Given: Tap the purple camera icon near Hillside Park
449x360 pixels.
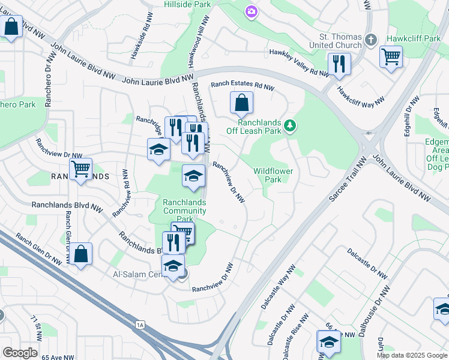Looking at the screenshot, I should tap(251, 11).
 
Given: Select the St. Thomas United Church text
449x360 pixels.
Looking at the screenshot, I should tap(336, 40).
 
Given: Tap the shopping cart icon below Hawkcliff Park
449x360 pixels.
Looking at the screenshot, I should tap(391, 57).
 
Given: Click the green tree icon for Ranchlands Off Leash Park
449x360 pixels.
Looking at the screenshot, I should tap(291, 125).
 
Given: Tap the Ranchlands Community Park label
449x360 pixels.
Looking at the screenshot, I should tap(185, 211).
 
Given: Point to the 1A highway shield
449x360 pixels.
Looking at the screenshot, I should tap(140, 325).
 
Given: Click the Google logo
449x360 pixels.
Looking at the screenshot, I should tap(20, 352).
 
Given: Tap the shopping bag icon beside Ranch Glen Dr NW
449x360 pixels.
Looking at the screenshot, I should tap(82, 253).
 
